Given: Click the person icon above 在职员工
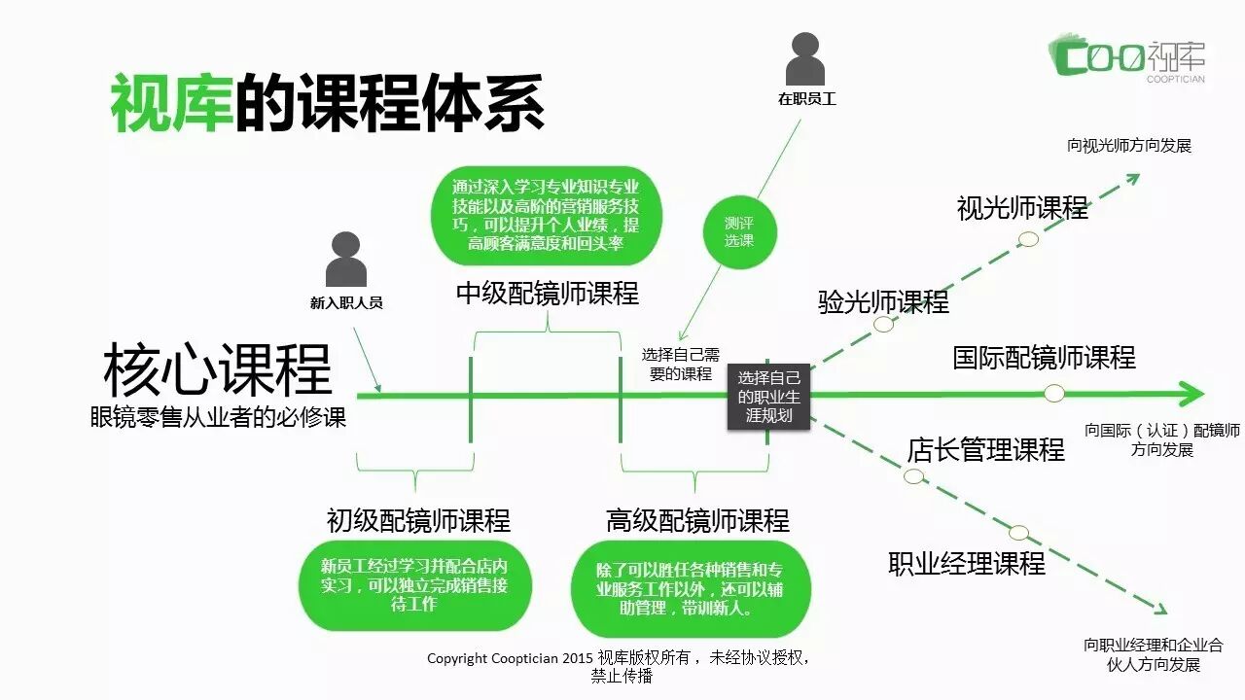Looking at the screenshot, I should [x=805, y=59].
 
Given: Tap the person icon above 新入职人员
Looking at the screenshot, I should [x=346, y=260].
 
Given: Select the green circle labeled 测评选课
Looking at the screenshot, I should [x=738, y=231].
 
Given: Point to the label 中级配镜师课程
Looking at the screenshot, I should [x=548, y=294].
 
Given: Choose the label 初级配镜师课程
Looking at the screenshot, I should [x=418, y=521].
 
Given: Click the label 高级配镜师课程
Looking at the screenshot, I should [x=697, y=521].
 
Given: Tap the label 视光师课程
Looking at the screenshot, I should [x=1022, y=208].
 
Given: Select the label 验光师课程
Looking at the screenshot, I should [x=883, y=301].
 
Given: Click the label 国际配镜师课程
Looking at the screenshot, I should [x=1044, y=357].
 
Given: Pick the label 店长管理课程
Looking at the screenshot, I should [x=985, y=450].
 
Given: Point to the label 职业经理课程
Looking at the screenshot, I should [x=967, y=564].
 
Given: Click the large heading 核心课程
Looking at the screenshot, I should [x=218, y=369].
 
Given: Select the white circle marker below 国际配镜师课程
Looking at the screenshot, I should [x=1053, y=393].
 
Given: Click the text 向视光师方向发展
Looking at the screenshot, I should [x=1128, y=146].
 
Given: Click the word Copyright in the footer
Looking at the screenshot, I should [x=458, y=658].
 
